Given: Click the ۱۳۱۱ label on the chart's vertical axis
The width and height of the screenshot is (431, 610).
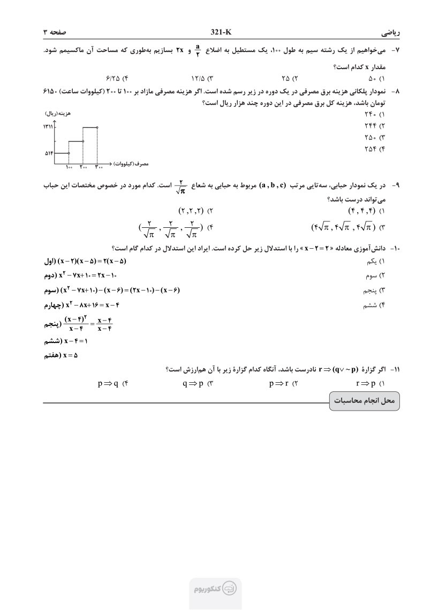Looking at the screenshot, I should pos(47,127).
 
